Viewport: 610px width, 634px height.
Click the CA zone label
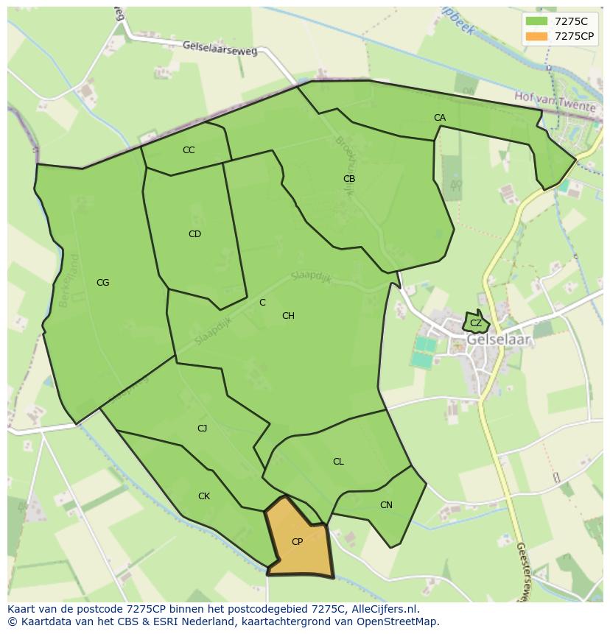[440, 118]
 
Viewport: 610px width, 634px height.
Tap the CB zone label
[349, 179]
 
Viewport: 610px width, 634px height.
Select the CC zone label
[189, 150]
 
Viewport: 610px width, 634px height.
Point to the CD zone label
[194, 234]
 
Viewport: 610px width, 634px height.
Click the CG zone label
[102, 283]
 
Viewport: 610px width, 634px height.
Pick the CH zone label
[288, 316]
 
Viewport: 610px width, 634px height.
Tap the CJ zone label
[202, 429]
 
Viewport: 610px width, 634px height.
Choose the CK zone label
[204, 496]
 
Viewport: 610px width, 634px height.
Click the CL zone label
[338, 462]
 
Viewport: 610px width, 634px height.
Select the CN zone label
[386, 505]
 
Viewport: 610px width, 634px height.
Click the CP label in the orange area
[297, 542]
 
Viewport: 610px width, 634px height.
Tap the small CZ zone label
[476, 323]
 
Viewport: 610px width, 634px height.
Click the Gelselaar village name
[499, 341]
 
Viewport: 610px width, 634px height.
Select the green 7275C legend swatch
[537, 21]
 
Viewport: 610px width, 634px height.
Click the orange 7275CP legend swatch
[537, 36]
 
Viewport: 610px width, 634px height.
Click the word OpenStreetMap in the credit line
[399, 621]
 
